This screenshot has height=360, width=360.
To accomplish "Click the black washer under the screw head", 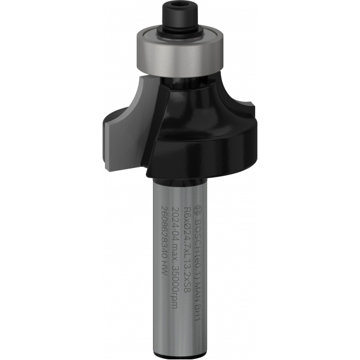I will click(179, 28).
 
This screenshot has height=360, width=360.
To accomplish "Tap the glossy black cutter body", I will click(192, 132).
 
